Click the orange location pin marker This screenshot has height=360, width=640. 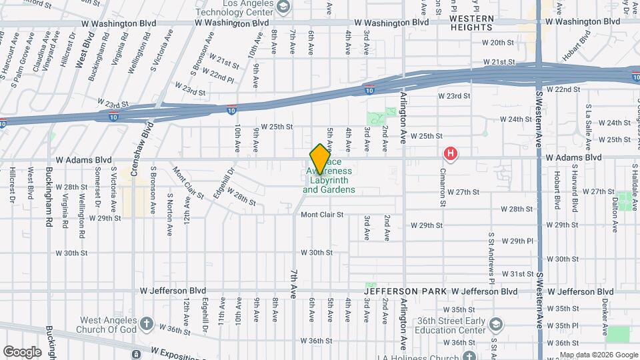(x=320, y=158)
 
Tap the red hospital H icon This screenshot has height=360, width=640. (x=451, y=155)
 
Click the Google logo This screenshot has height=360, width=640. (x=22, y=351)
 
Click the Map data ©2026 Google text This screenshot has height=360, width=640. (x=598, y=354)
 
